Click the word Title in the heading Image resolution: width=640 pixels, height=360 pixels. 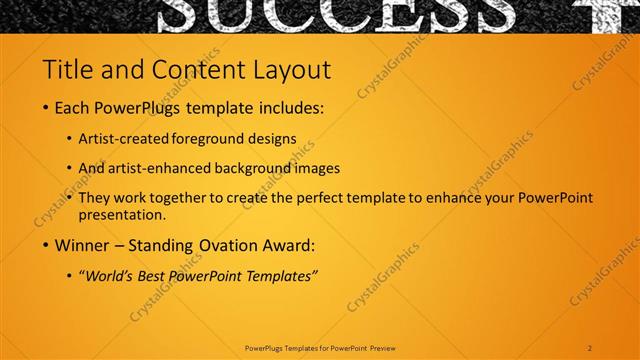tap(64, 70)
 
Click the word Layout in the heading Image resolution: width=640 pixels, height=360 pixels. tap(289, 70)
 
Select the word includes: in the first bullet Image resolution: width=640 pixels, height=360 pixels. tap(291, 107)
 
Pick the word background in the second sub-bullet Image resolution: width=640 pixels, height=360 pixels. tap(257, 168)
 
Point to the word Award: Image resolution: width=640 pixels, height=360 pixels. tap(286, 244)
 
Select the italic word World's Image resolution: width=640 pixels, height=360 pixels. tap(110, 275)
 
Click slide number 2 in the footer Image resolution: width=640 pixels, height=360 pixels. tap(590, 348)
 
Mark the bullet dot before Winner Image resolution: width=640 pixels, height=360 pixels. tap(46, 245)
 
